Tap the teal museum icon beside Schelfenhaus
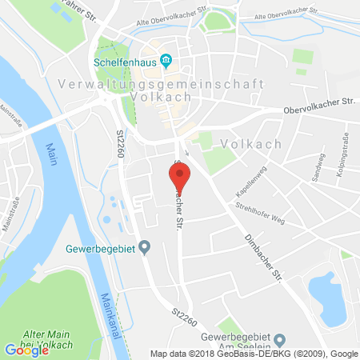pos(166,59)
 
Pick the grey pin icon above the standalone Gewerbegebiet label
pos(144,249)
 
